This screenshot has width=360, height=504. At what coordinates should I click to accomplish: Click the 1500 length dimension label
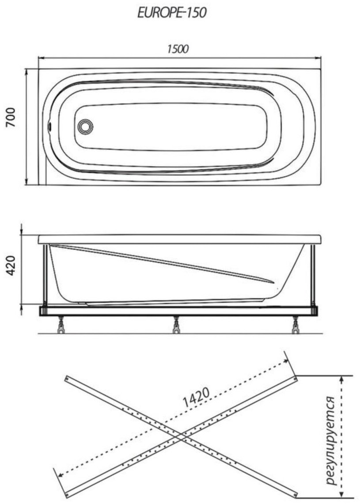coord(178,49)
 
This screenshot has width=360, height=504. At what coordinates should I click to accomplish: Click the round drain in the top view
coord(86,126)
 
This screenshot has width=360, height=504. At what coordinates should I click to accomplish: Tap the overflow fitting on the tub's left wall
coord(50,126)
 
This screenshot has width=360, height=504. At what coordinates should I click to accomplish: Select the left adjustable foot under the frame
coord(61,325)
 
